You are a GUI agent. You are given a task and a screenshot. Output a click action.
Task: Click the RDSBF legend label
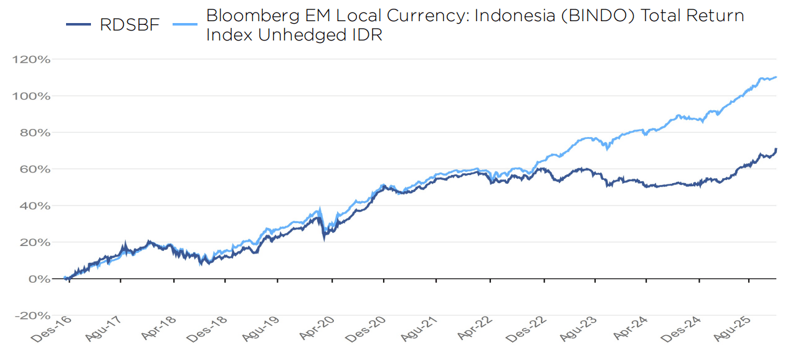[x=130, y=25]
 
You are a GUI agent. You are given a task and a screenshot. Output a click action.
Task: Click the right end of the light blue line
[x=776, y=77]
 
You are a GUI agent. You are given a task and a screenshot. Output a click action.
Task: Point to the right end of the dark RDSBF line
[x=776, y=149]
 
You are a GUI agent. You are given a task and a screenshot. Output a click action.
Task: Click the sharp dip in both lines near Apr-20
[x=324, y=237]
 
